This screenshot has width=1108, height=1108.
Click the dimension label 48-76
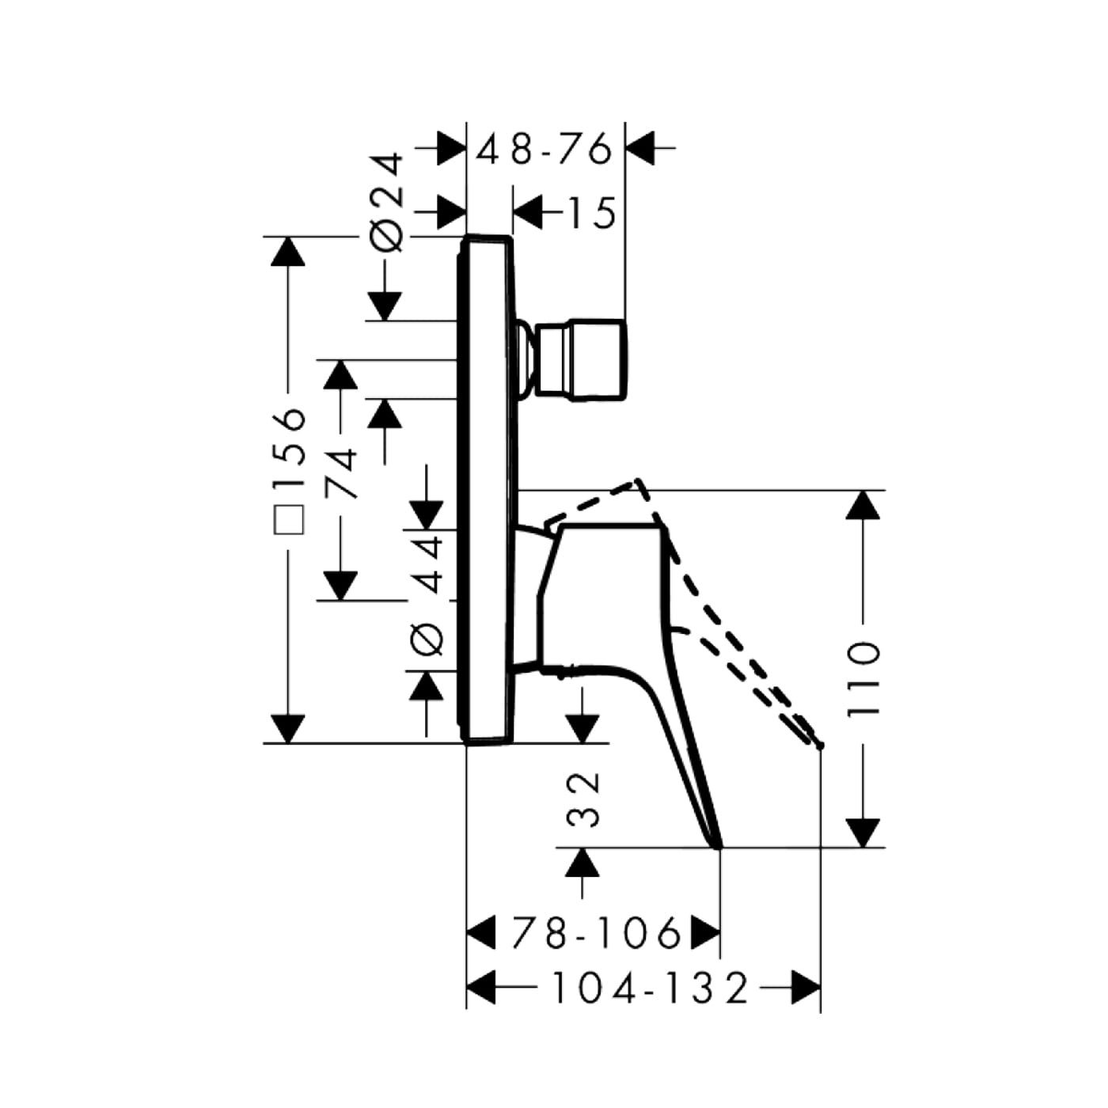(544, 149)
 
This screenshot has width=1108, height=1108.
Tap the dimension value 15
(592, 212)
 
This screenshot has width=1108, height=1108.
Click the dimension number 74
(340, 473)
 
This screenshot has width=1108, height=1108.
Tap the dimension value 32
(583, 799)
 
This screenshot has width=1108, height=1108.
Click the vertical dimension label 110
(863, 680)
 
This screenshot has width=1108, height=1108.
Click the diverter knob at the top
(581, 359)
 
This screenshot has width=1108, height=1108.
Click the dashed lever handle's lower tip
(820, 746)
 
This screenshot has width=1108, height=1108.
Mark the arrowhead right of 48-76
(640, 148)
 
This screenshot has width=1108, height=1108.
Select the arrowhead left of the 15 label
(528, 212)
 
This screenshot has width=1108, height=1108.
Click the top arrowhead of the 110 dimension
(863, 505)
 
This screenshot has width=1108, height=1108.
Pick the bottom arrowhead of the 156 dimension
(287, 729)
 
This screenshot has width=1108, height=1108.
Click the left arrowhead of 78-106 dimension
(480, 932)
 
